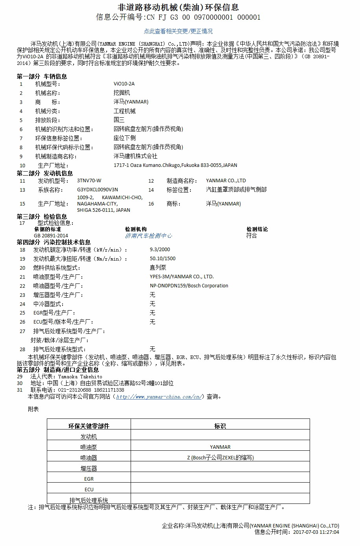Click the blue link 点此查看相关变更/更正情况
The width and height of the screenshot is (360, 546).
click(178, 31)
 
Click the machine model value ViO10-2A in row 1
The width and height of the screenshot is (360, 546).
click(124, 84)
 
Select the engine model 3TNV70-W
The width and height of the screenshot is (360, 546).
click(89, 181)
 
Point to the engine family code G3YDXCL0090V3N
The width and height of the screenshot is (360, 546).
click(98, 190)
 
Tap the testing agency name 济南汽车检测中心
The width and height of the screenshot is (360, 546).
click(148, 235)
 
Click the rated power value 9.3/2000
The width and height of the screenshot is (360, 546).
click(160, 250)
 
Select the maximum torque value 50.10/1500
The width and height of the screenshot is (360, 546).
click(162, 259)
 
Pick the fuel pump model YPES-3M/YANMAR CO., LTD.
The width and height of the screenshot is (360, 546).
click(182, 277)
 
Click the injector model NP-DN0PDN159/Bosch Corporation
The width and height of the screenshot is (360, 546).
click(189, 286)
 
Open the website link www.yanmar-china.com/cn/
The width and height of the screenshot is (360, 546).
click(159, 397)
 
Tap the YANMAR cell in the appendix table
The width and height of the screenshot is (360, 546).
click(220, 447)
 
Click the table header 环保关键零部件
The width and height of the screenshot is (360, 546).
click(89, 426)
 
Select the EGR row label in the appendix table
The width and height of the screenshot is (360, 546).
click(89, 479)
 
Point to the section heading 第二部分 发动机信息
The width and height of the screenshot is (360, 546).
click(44, 173)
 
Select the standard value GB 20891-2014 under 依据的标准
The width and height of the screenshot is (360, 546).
click(51, 236)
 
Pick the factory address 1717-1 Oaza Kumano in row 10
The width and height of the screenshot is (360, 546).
click(175, 165)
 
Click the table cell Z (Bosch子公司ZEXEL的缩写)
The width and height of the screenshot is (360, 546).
click(220, 458)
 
